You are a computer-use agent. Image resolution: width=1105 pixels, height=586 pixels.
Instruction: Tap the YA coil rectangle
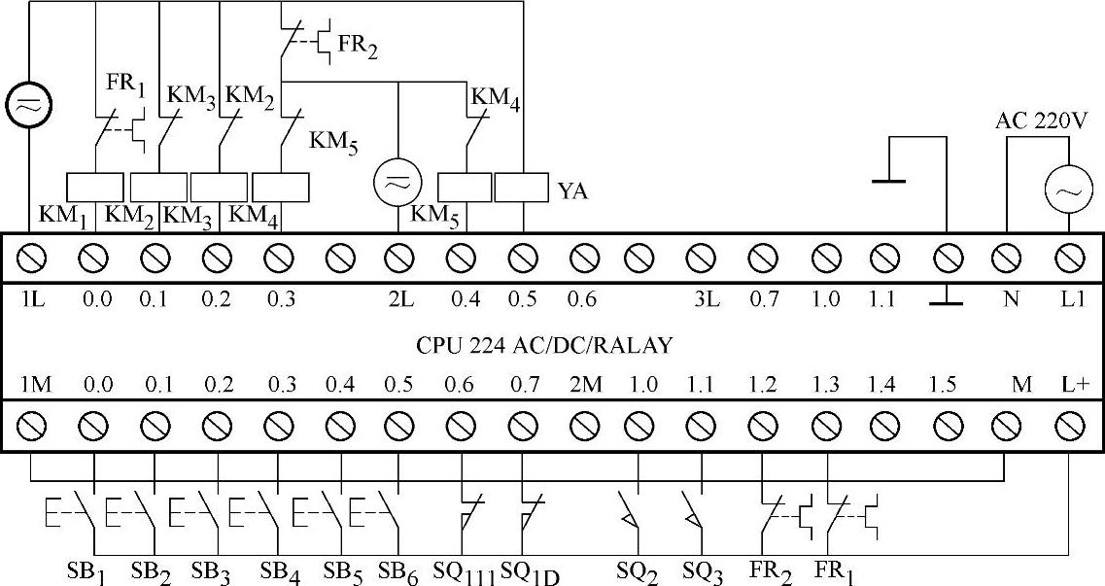point(522,188)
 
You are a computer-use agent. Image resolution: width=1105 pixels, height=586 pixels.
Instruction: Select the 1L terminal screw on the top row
point(30,259)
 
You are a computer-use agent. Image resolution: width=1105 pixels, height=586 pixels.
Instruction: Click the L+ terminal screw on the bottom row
point(1070,425)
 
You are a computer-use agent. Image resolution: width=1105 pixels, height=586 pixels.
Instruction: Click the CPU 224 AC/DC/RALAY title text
point(544,345)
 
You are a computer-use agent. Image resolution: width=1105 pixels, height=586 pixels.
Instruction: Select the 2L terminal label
point(400,299)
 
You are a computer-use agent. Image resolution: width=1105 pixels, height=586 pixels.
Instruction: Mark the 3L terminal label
point(706,299)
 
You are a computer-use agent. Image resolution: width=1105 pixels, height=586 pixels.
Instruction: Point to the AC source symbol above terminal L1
point(1062,192)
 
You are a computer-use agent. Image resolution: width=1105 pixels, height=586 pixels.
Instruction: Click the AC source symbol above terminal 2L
point(397,183)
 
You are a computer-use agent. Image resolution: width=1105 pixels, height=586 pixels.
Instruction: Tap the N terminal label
point(1011,299)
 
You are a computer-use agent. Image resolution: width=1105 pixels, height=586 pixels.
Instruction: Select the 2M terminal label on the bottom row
point(585,385)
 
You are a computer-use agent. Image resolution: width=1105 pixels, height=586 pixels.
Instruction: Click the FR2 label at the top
point(357,46)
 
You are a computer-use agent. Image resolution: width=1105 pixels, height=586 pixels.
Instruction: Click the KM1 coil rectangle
point(94,187)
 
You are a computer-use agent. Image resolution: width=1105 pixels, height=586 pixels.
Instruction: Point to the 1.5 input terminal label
point(942,385)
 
